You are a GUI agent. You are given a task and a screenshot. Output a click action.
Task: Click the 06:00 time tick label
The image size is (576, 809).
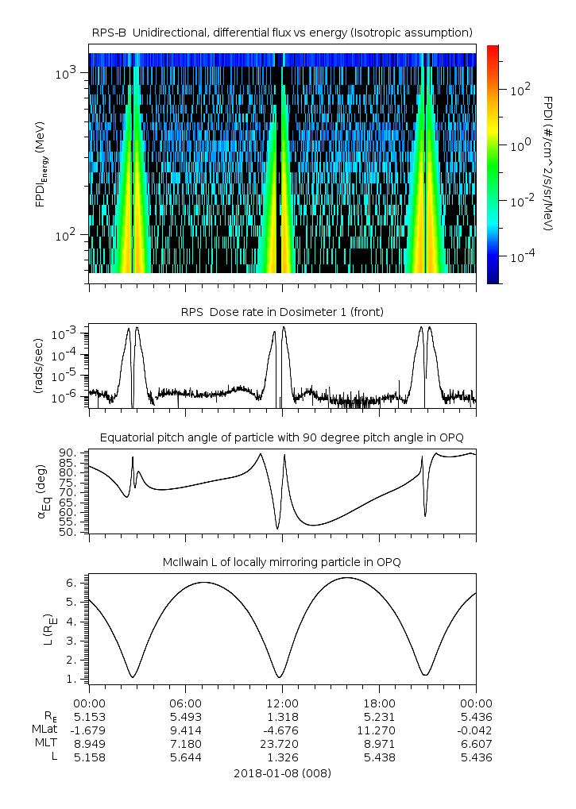[186, 703]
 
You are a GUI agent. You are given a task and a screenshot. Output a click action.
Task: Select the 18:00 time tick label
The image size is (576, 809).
[379, 703]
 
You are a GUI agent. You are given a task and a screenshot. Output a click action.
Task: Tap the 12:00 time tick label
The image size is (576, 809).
[283, 703]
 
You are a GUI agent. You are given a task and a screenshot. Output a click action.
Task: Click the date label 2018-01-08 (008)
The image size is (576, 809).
[282, 772]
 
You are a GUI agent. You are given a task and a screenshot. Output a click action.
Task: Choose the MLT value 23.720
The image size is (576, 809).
[283, 743]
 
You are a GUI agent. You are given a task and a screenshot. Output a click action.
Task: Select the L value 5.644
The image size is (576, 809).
[186, 757]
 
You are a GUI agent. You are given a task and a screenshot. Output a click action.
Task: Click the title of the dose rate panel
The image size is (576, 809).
[282, 312]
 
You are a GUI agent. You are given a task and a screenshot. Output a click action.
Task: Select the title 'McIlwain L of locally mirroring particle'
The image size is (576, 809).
[282, 562]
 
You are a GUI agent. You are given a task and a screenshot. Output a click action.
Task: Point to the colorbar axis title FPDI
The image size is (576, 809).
[548, 163]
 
